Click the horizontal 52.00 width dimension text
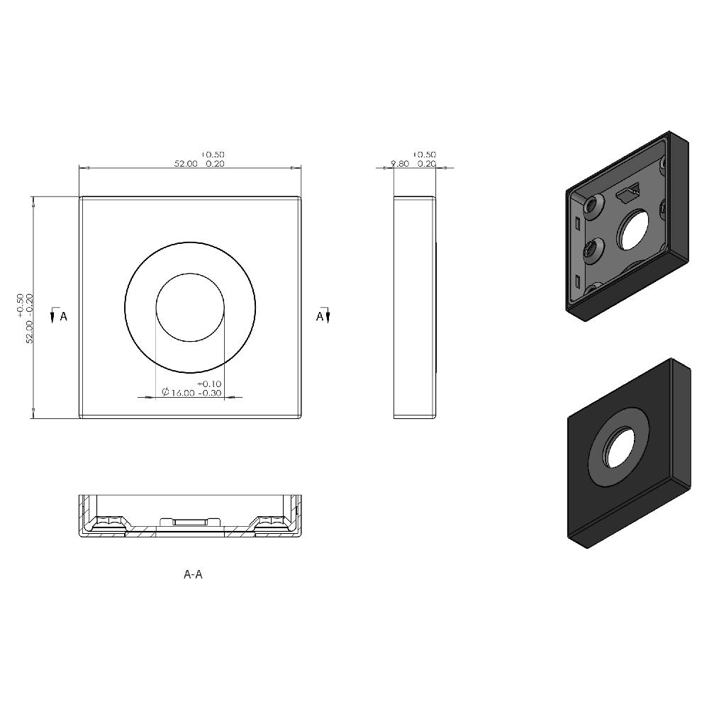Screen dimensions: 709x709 [186, 164]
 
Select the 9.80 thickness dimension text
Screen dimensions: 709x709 [401, 164]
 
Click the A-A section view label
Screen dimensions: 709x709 [193, 574]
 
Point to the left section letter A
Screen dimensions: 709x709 [64, 316]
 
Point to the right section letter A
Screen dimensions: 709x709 [319, 316]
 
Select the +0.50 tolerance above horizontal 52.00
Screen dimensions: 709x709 [213, 155]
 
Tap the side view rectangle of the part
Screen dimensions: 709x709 [415, 307]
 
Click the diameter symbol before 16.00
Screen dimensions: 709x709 [164, 393]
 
